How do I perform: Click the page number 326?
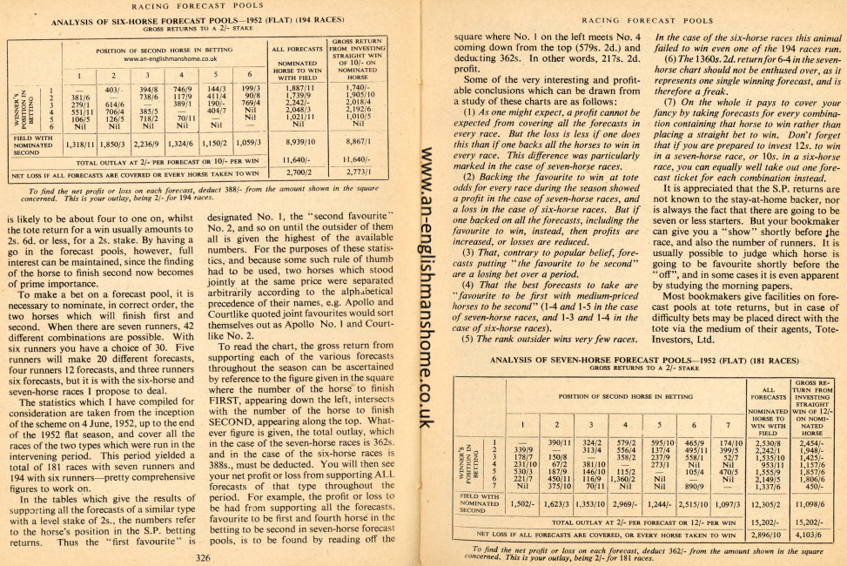[x=203, y=557]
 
